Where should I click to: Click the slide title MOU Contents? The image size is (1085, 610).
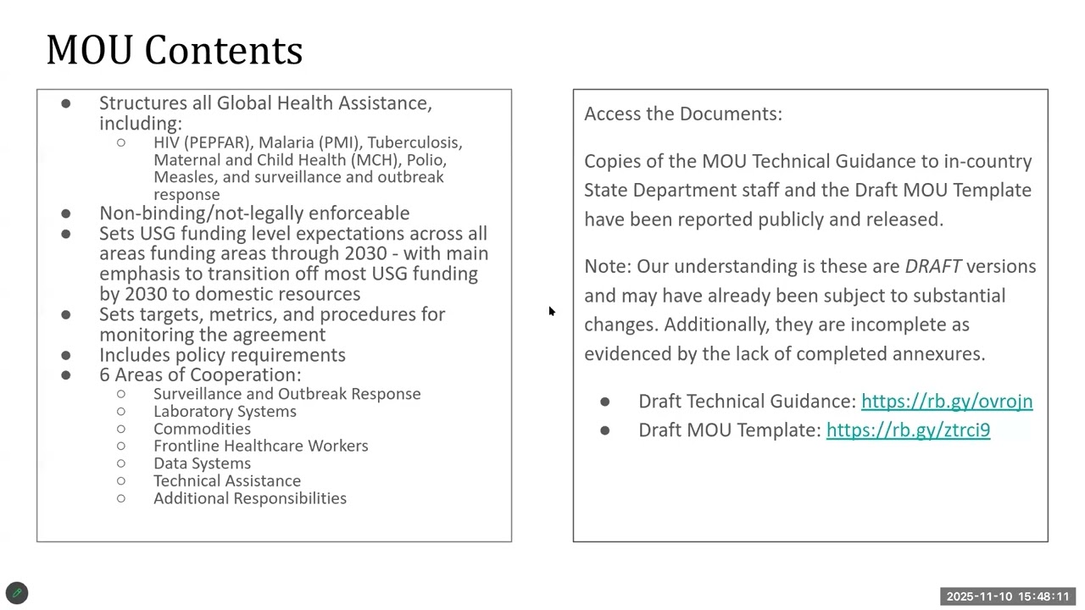point(174,50)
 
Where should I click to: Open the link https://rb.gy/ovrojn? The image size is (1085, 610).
point(946,401)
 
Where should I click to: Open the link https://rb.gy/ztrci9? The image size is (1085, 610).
point(908,430)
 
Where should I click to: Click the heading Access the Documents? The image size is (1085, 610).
point(682,114)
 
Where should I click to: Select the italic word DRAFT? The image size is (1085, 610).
point(932,266)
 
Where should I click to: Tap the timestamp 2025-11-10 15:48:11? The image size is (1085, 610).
point(1008,596)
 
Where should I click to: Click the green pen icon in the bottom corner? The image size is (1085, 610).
point(17,593)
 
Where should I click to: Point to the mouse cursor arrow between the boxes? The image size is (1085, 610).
point(551,311)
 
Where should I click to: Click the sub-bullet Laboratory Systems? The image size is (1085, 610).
point(225,411)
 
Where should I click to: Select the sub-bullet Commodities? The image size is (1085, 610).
point(202,429)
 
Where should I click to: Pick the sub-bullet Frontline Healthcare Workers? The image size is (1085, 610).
point(260,446)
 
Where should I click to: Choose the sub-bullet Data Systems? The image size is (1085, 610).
point(202,463)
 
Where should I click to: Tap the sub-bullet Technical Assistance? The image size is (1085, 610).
point(226,480)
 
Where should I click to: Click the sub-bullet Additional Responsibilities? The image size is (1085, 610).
point(249,498)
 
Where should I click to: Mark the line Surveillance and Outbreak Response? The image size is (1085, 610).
point(287,394)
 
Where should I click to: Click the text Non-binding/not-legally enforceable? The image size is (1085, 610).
point(253,213)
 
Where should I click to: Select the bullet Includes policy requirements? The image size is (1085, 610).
point(222,355)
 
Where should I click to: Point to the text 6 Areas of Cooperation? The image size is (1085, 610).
point(199,374)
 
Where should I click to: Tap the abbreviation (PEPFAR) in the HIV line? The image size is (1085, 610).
point(219,142)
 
